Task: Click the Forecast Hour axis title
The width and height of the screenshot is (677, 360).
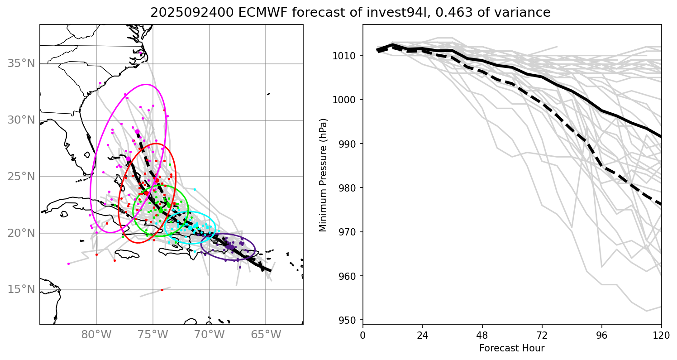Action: [512, 348]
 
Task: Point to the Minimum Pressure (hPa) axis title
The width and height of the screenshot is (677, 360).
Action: [324, 175]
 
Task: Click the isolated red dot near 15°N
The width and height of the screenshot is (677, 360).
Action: [162, 290]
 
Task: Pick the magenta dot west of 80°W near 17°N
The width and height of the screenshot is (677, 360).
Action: [68, 264]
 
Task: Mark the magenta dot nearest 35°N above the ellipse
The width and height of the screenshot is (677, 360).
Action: [141, 53]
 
